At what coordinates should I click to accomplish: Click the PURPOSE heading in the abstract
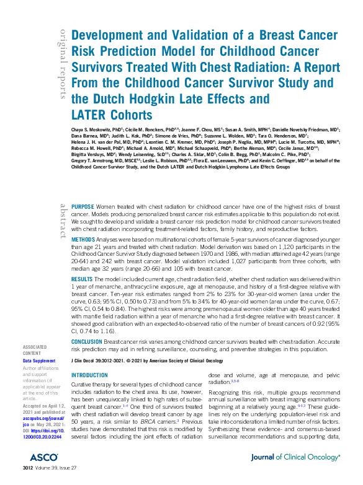83,206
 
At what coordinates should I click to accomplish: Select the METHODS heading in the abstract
84,239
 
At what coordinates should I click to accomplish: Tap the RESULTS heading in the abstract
83,280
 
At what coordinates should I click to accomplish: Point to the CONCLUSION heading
87,341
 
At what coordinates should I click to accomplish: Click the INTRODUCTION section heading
90,376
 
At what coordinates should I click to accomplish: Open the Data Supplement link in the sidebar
39,360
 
